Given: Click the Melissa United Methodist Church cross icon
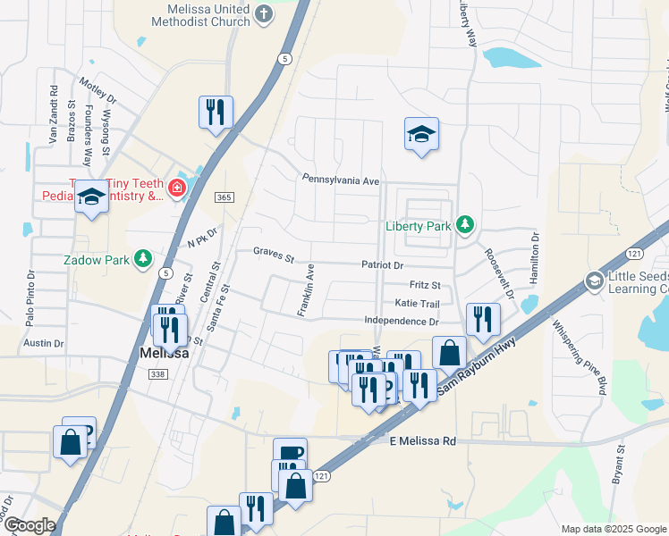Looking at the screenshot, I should (263, 13).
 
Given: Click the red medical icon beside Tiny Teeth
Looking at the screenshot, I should (178, 188).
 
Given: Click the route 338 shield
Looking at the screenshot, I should (158, 374).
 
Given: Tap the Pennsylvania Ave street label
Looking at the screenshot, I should (341, 180).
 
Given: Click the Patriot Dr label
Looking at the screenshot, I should (383, 265).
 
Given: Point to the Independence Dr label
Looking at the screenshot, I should (402, 321).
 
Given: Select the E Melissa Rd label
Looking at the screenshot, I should (423, 441).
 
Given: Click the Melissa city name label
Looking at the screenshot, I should (165, 354).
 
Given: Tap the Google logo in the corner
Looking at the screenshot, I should (29, 525).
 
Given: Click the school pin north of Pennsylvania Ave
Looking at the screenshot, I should (421, 135).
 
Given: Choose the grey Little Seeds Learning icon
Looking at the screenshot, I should (593, 281).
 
